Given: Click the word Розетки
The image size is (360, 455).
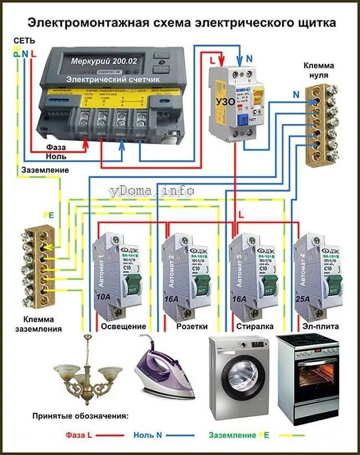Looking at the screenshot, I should (x=192, y=327).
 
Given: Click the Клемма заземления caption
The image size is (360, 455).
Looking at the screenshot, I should (x=43, y=324).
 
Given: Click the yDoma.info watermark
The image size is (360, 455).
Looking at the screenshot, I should (x=151, y=190).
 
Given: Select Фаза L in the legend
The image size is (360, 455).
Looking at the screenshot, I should (x=79, y=435).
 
